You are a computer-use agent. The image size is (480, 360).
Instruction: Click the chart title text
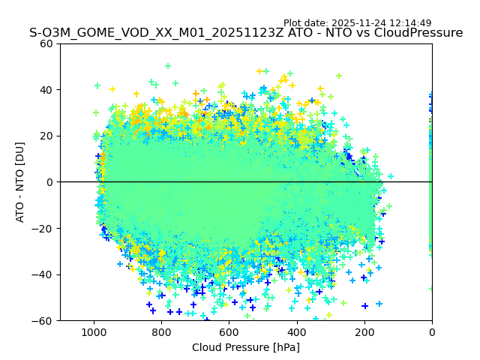click(246, 33)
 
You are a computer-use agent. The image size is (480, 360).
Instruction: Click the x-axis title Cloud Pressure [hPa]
click(246, 347)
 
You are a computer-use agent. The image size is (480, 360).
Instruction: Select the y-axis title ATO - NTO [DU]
click(20, 182)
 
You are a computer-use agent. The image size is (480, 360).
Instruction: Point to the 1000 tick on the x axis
click(94, 331)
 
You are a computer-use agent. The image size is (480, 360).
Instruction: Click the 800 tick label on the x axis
click(161, 331)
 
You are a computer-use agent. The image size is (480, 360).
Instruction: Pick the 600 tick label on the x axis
click(229, 331)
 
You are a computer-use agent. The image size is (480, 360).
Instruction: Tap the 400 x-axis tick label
click(297, 331)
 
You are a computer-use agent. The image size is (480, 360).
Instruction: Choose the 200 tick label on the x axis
click(364, 331)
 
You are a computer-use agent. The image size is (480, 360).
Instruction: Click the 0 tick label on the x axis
click(432, 331)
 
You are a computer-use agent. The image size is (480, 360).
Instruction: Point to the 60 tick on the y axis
click(46, 43)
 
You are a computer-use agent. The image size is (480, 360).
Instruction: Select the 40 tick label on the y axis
click(46, 90)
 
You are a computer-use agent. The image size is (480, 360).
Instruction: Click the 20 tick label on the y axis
click(46, 136)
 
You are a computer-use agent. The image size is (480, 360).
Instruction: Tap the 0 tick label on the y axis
click(49, 182)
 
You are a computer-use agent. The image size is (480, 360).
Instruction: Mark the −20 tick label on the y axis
click(43, 229)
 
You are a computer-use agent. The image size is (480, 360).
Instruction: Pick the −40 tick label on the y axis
click(43, 274)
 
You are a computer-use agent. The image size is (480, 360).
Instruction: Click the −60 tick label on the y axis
click(43, 321)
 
